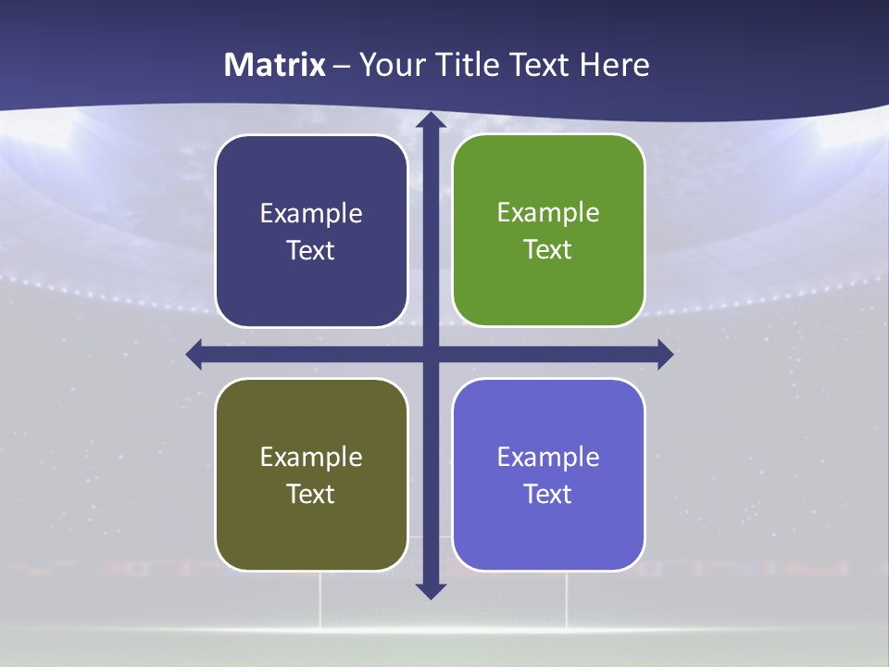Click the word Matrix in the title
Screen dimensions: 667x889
[275, 65]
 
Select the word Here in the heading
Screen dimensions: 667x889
[614, 65]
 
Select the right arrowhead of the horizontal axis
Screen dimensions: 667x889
[664, 354]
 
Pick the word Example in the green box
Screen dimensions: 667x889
[548, 213]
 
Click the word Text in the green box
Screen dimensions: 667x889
[548, 250]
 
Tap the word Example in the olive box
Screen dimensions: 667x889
[311, 457]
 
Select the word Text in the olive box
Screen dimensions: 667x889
[311, 494]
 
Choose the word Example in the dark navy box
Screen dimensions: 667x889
[311, 214]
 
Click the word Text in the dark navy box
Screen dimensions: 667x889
[311, 251]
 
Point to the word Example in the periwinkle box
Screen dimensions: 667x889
[548, 457]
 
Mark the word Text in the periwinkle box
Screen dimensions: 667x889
[548, 494]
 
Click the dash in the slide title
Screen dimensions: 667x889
[342, 66]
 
